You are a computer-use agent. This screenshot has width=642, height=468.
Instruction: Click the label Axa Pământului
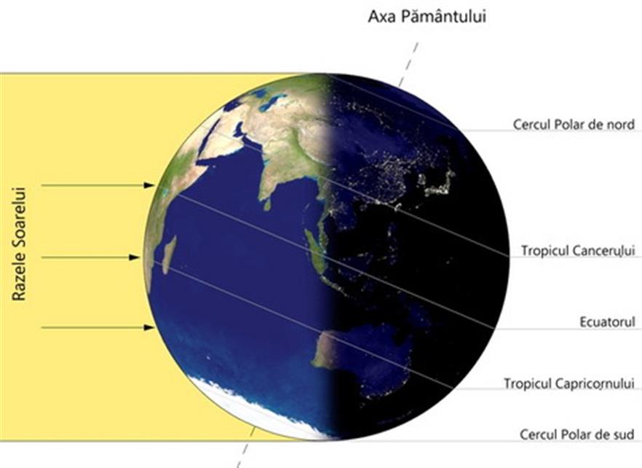[x=427, y=17]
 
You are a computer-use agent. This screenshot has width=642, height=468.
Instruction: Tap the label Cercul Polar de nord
[x=574, y=124]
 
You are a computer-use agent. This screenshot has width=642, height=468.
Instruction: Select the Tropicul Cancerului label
[x=578, y=250]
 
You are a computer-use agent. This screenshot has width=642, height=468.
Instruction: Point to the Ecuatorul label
[x=607, y=322]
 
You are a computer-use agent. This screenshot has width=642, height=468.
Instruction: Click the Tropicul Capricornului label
[x=569, y=383]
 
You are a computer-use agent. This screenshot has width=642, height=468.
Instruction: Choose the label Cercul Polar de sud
[x=577, y=434]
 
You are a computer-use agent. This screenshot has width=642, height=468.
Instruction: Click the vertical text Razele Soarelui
[x=19, y=244]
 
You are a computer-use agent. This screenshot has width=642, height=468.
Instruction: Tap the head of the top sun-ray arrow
[x=149, y=185]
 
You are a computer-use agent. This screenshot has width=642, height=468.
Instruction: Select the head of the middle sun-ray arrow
[x=135, y=257]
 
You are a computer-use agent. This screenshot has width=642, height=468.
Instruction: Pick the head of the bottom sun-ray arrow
[x=149, y=327]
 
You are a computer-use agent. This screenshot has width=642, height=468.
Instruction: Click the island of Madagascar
[x=168, y=254]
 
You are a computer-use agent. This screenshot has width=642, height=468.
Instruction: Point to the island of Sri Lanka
[x=267, y=204]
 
